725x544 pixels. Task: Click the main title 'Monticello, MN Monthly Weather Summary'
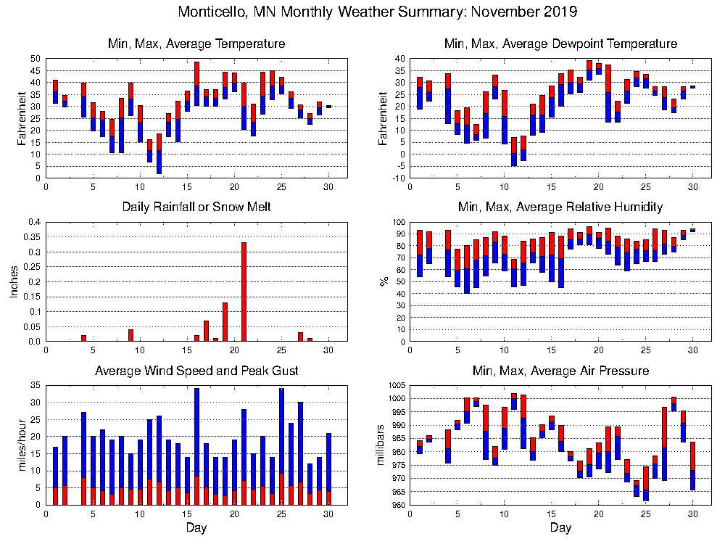click(x=378, y=12)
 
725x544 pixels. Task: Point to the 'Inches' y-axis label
click(x=14, y=282)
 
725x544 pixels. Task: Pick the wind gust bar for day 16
click(x=196, y=446)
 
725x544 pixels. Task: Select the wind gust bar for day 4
click(x=84, y=458)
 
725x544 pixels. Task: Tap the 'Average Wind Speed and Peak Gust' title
click(x=196, y=371)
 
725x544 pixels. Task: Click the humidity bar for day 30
click(x=692, y=230)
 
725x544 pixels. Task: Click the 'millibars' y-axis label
click(x=384, y=446)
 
